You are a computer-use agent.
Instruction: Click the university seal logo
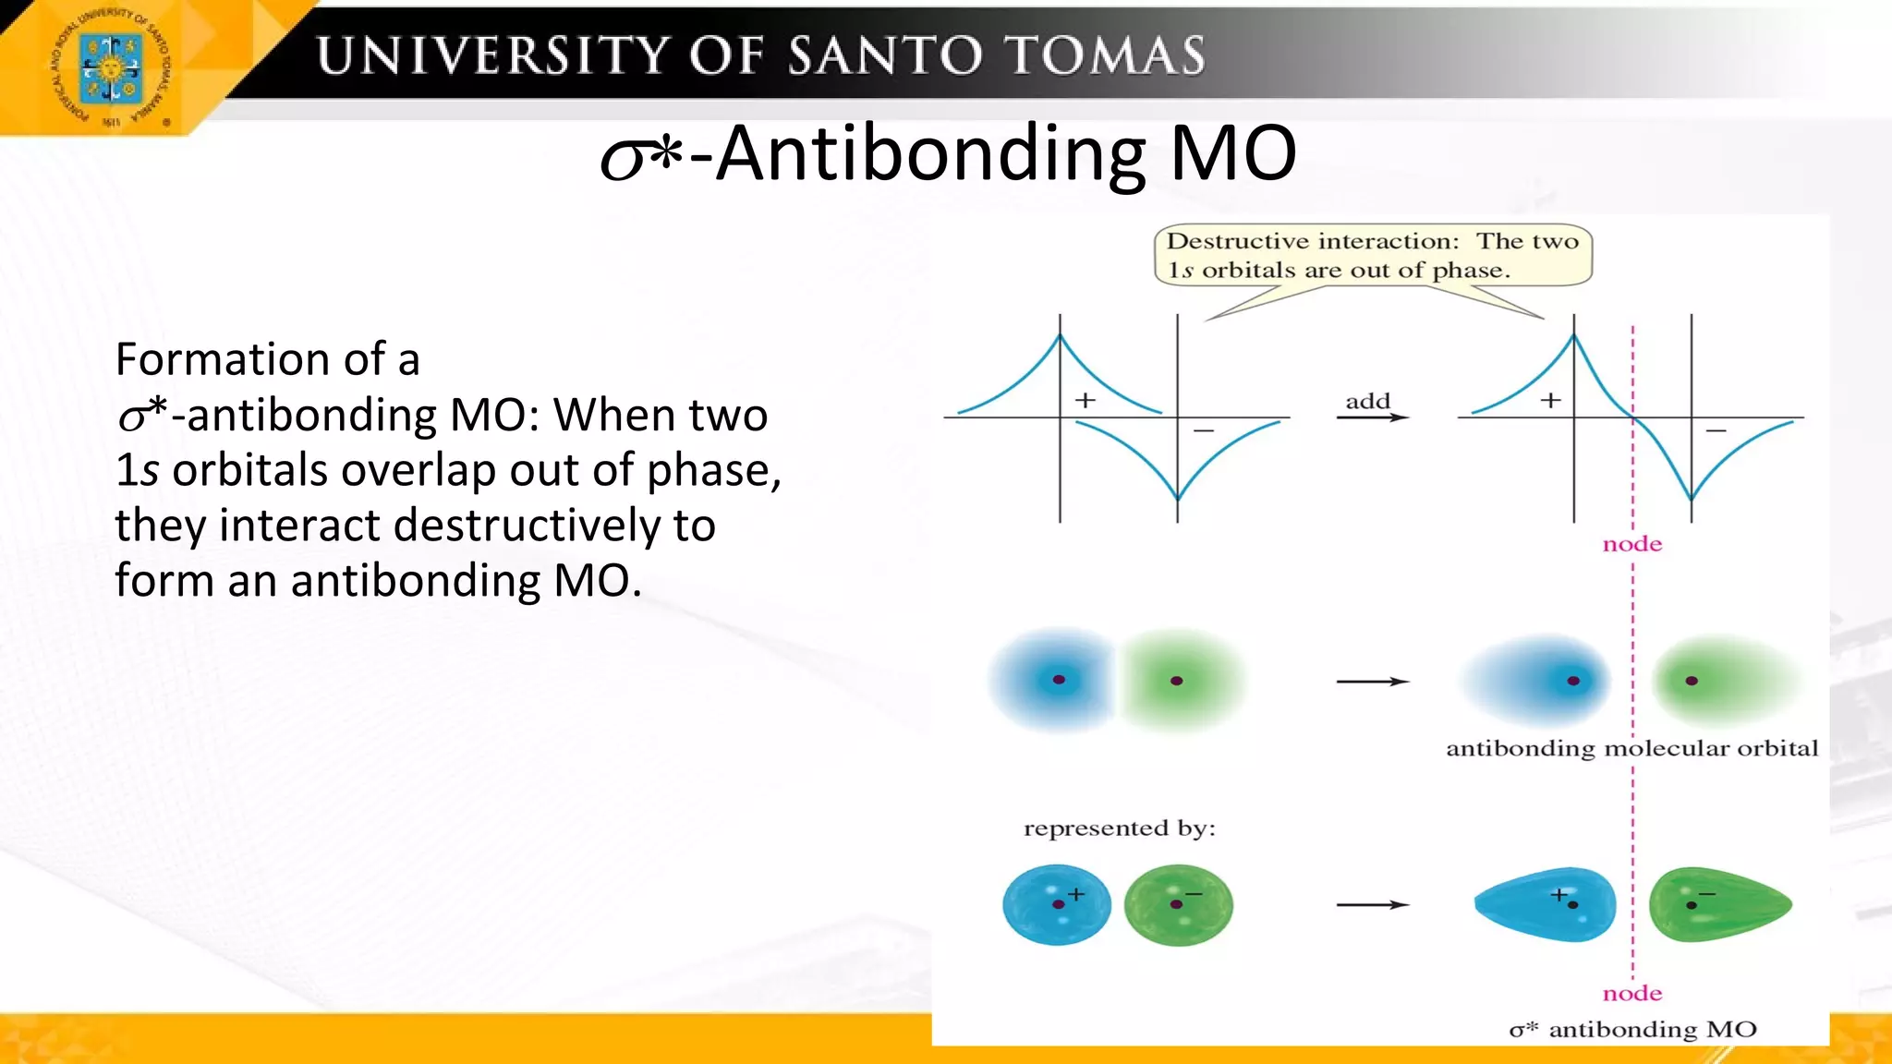[x=110, y=70]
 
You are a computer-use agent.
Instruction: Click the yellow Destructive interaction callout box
[x=1373, y=256]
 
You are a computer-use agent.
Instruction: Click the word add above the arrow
[x=1367, y=401]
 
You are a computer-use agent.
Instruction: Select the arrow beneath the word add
[x=1372, y=417]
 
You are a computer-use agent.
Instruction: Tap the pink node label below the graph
[x=1631, y=544]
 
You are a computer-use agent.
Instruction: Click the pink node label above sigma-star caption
[x=1631, y=994]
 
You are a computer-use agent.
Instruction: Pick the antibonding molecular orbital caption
[x=1631, y=748]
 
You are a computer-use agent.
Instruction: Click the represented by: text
[x=1119, y=828]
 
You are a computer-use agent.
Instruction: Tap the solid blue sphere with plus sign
[x=1057, y=904]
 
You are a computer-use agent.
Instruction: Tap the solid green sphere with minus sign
[x=1178, y=904]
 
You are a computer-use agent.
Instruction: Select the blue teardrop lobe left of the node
[x=1546, y=904]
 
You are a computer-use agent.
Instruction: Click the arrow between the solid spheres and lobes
[x=1372, y=904]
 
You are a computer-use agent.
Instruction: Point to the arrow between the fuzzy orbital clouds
[x=1372, y=682]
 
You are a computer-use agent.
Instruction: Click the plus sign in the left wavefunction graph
[x=1085, y=400]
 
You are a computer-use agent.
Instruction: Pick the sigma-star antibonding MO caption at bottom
[x=1632, y=1029]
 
